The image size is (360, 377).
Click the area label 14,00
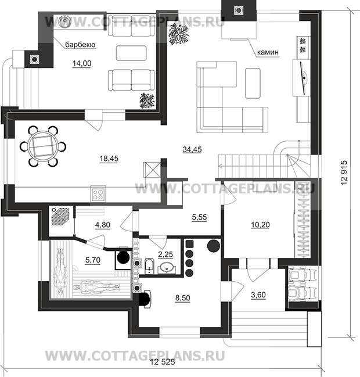click(x=82, y=63)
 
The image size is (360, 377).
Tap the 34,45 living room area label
click(x=192, y=149)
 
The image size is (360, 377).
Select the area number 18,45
click(x=109, y=159)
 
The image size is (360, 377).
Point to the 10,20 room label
click(x=260, y=225)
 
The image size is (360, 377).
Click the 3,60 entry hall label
click(x=258, y=295)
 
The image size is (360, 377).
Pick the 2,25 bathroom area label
click(x=165, y=254)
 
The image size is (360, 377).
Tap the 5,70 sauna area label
click(x=93, y=260)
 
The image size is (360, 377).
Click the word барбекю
click(x=80, y=45)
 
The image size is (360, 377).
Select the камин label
click(x=268, y=52)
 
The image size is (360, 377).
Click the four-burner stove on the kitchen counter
click(x=98, y=194)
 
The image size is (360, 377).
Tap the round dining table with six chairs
click(x=43, y=146)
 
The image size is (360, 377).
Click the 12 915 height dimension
click(x=344, y=173)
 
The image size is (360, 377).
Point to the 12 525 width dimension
click(x=163, y=362)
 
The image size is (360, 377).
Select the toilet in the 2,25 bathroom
click(x=149, y=266)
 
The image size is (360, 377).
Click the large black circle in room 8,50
click(x=214, y=246)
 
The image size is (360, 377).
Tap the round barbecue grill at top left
click(x=64, y=21)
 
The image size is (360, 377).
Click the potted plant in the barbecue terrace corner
click(x=147, y=100)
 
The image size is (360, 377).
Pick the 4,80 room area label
click(x=103, y=225)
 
